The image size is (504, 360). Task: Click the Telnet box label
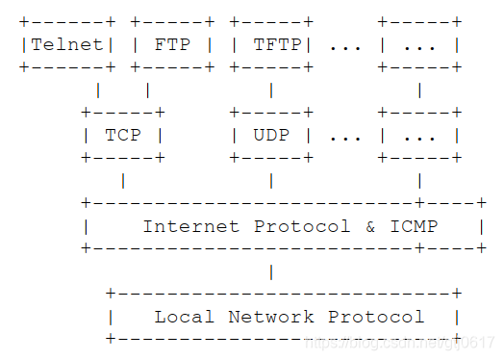67,44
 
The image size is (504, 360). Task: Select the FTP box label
172,44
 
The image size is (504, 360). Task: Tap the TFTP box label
277,44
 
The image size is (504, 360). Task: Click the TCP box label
122,135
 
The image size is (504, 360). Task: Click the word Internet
192,226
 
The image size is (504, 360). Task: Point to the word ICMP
414,226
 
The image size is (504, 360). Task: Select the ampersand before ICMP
370,226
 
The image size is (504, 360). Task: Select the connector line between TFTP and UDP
271,90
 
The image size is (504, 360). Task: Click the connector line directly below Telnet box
98,90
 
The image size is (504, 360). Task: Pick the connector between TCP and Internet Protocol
123,180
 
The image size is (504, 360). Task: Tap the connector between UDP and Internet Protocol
271,180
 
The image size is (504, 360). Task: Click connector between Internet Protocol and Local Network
271,271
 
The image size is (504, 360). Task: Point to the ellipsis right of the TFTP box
344,44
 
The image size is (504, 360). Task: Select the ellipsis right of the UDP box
344,135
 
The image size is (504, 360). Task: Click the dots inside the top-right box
419,44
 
